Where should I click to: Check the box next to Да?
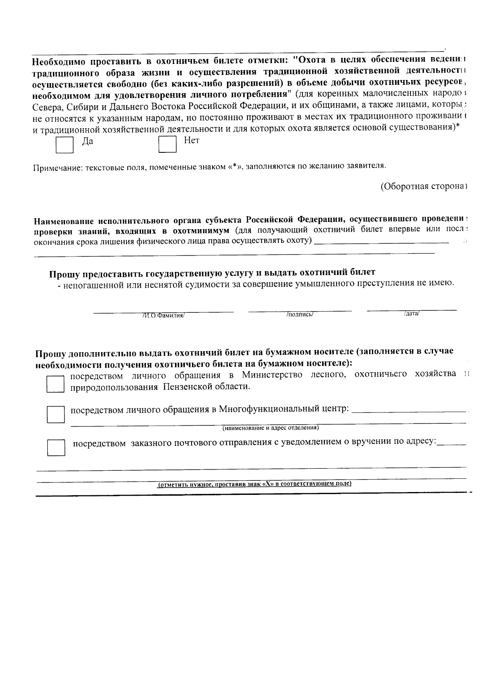pyautogui.click(x=64, y=146)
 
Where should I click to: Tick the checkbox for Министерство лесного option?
pyautogui.click(x=55, y=384)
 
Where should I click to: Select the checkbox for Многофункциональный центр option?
pyautogui.click(x=56, y=414)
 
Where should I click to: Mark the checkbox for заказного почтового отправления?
pyautogui.click(x=56, y=447)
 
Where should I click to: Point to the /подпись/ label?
pyautogui.click(x=300, y=315)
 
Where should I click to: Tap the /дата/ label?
pyautogui.click(x=411, y=314)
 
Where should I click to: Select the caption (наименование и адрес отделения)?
pyautogui.click(x=271, y=428)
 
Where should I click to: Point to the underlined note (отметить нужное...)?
pyautogui.click(x=254, y=484)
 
